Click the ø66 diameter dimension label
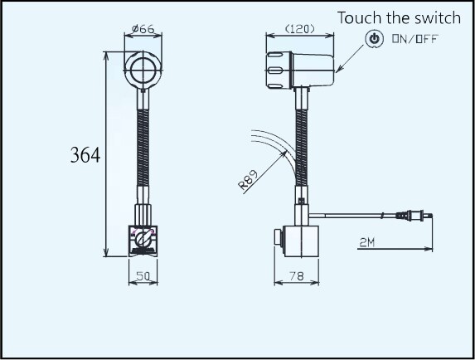click(x=143, y=29)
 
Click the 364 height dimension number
click(x=85, y=155)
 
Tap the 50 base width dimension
click(x=143, y=276)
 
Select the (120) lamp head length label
click(x=300, y=29)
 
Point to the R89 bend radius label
click(x=248, y=180)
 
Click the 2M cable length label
click(x=367, y=242)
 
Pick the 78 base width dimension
click(x=296, y=276)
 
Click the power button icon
click(x=375, y=39)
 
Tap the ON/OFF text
click(x=415, y=39)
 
